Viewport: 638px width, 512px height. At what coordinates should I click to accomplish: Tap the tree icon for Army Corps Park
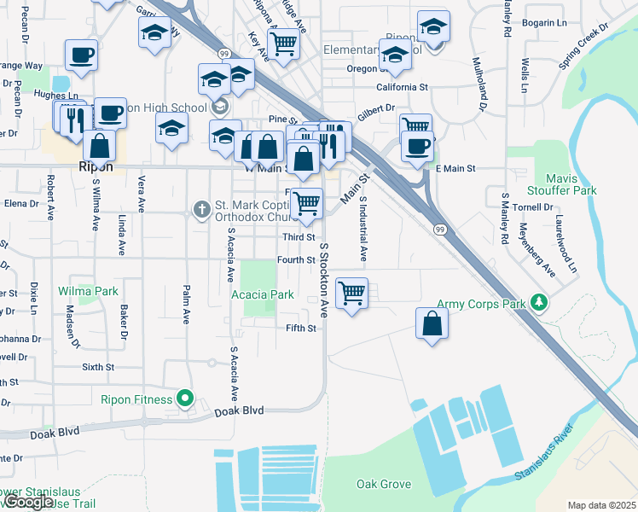pos(538,303)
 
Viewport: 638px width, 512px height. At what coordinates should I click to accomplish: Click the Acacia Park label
pos(263,295)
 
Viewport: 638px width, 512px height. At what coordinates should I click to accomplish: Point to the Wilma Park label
pos(88,291)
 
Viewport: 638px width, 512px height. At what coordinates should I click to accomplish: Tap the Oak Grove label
pos(384,484)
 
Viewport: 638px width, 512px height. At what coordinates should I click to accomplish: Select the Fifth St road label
pos(301,328)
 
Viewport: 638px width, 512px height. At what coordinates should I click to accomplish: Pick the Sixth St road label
pos(98,367)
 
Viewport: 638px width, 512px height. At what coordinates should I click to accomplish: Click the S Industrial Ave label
pos(363,229)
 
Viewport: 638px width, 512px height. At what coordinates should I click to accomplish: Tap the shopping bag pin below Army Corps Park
pos(432,323)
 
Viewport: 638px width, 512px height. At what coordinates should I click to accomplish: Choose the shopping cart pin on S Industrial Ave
pos(351,294)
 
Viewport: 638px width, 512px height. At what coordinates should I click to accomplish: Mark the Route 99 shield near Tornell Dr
pos(439,229)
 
